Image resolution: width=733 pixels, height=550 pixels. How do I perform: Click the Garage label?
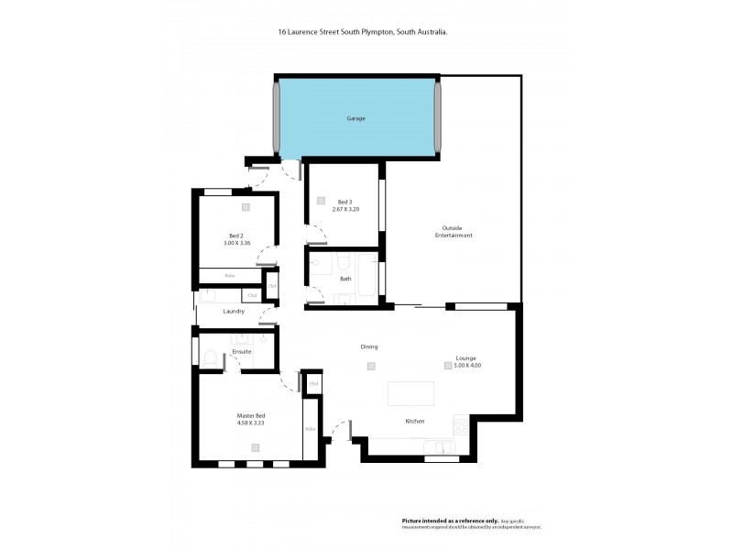(x=356, y=119)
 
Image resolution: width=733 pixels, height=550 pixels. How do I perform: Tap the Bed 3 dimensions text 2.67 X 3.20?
(x=345, y=208)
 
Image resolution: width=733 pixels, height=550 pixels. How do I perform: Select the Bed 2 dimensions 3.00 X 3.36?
(x=236, y=243)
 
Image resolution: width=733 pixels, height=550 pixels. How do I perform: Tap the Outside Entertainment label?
(x=453, y=232)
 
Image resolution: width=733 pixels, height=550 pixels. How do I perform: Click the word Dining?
(x=369, y=346)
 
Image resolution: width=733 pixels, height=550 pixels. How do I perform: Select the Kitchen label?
(x=415, y=421)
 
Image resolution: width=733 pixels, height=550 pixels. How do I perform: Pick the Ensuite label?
(x=242, y=351)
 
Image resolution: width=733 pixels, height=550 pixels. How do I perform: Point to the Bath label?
(x=345, y=279)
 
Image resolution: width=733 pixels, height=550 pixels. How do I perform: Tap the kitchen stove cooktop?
(x=460, y=426)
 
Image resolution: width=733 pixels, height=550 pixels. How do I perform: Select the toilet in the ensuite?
(x=210, y=358)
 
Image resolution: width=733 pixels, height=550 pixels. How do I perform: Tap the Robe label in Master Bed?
(x=310, y=428)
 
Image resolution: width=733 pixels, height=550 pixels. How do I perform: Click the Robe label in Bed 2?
(x=229, y=275)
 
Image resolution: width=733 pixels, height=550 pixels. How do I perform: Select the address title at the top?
(x=363, y=31)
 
